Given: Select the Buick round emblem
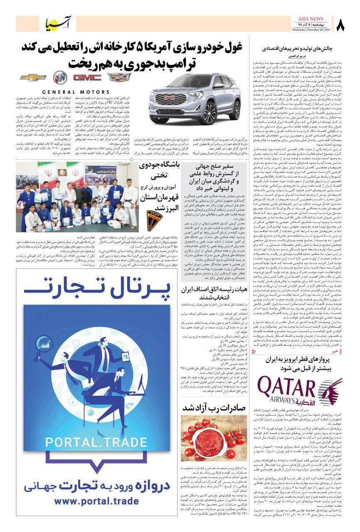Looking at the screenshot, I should (59, 78).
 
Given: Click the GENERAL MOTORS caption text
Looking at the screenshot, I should (76, 92).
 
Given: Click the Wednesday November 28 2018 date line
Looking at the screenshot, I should (311, 30).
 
